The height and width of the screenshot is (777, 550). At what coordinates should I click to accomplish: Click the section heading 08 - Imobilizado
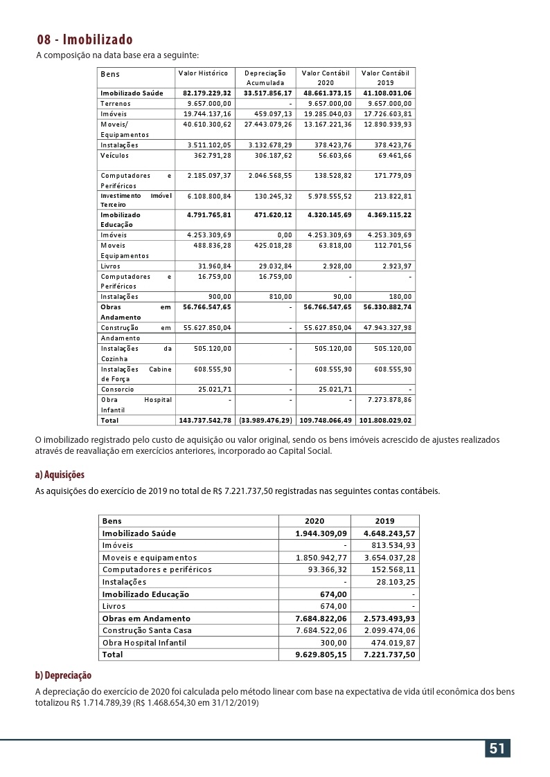[x=85, y=39]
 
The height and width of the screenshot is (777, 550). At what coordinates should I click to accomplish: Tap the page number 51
[x=497, y=749]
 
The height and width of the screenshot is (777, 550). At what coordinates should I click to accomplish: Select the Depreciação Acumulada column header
[x=265, y=77]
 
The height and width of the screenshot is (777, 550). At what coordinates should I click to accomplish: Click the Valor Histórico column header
[x=203, y=73]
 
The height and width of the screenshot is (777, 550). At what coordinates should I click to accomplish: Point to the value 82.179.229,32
[x=207, y=93]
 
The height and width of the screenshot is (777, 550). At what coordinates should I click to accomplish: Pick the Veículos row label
[x=114, y=156]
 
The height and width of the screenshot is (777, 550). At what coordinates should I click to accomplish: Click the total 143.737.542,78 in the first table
[x=205, y=420]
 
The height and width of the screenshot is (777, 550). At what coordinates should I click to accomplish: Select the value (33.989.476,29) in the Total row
[x=265, y=420]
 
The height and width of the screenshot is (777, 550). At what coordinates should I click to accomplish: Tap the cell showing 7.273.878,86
[x=387, y=399]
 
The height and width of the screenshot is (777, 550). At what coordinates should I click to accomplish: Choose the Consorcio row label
[x=117, y=389]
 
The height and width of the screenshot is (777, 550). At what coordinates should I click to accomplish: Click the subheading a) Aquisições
[x=60, y=475]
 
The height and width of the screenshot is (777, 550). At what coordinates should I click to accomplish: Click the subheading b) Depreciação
[x=63, y=675]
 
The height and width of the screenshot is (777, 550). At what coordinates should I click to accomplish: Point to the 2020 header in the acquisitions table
[x=314, y=521]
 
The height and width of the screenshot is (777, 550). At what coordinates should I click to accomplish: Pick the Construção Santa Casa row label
[x=147, y=630]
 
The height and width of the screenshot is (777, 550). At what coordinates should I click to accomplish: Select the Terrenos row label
[x=115, y=103]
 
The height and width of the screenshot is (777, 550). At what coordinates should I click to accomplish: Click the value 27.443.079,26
[x=267, y=125]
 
